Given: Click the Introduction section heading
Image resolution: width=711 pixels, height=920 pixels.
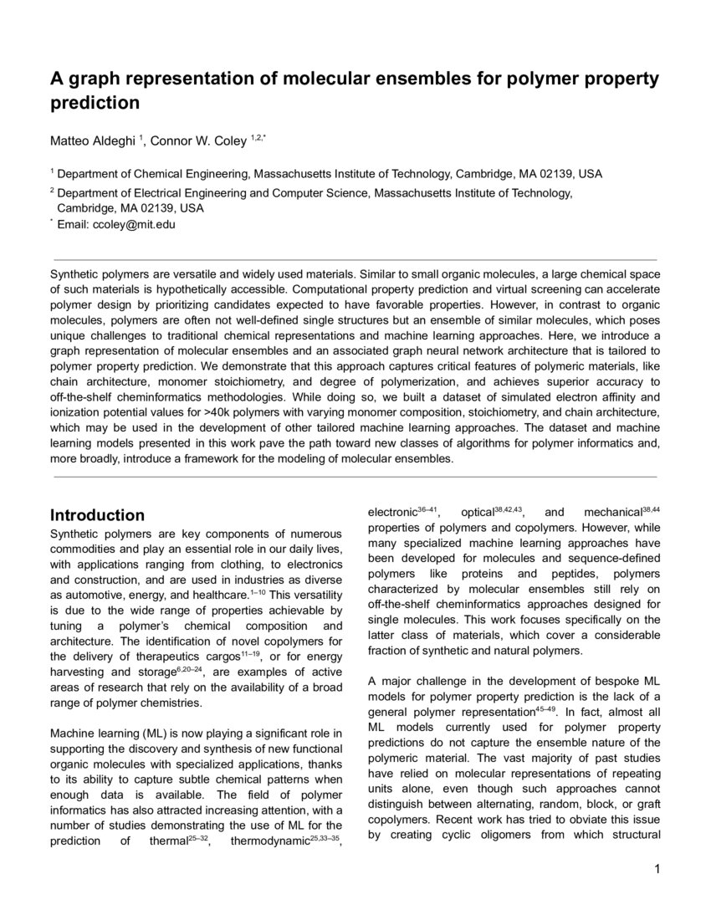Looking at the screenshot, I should (x=98, y=515).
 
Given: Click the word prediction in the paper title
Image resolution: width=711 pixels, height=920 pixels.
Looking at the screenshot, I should (x=95, y=104).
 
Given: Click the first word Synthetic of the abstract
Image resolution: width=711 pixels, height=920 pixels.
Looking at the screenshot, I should (x=78, y=273).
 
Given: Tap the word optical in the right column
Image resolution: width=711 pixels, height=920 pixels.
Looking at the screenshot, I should (x=478, y=512).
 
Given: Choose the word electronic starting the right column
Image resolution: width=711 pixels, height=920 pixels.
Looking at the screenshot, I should (x=392, y=512).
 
